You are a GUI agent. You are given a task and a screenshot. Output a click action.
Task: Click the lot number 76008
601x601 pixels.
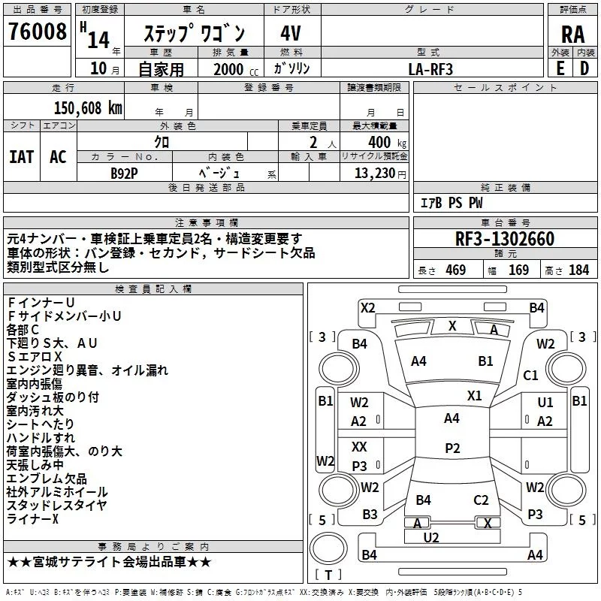coord(37,32)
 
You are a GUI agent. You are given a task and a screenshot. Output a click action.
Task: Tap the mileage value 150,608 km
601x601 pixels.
coord(88,107)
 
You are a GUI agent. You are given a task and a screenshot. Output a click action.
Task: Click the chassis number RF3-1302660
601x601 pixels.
coord(505,239)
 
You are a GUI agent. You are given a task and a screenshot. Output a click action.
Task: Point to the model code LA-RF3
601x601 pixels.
coord(430,68)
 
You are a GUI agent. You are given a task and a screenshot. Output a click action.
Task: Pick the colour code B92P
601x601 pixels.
coord(124,174)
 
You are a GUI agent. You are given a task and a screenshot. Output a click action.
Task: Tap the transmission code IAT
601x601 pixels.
coord(21,157)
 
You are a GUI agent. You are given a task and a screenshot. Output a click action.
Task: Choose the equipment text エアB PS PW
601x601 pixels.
coord(451,203)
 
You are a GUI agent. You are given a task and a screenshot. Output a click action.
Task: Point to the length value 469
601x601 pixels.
coord(454,270)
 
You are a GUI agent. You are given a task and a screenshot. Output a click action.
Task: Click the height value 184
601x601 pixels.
coord(578,270)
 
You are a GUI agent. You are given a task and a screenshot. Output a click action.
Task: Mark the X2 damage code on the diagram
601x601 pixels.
coord(367,307)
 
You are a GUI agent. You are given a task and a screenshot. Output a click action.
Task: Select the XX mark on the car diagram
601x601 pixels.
coord(359,446)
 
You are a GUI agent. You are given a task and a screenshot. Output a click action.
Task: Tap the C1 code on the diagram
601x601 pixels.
coord(530,375)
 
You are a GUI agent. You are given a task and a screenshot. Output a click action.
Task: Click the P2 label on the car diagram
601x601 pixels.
coord(452,448)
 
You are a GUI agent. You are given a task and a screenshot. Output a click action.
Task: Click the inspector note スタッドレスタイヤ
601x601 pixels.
coord(57,506)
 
